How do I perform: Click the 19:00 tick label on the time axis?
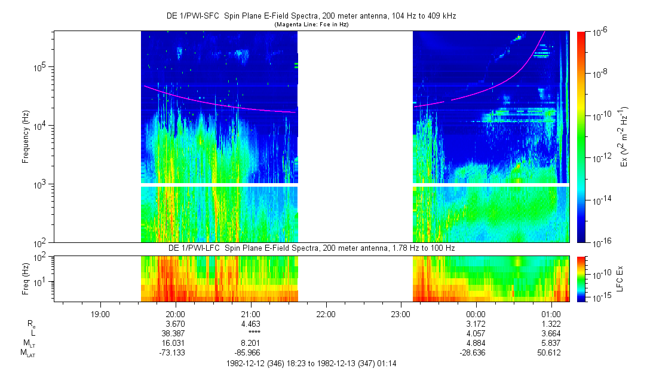tap(100, 314)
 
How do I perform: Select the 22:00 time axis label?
tap(326, 314)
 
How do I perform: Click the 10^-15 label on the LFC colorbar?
tap(600, 298)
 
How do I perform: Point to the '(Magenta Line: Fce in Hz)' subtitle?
tap(311, 25)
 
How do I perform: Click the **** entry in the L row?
tap(250, 333)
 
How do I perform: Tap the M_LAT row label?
tap(27, 352)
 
